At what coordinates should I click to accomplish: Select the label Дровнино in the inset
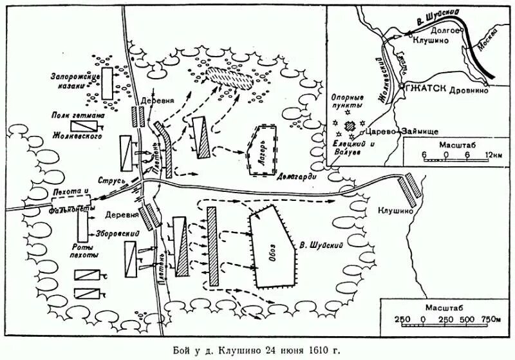(x=471, y=91)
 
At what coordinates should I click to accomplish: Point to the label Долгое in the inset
(x=445, y=30)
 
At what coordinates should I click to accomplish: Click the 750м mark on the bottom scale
(x=491, y=320)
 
